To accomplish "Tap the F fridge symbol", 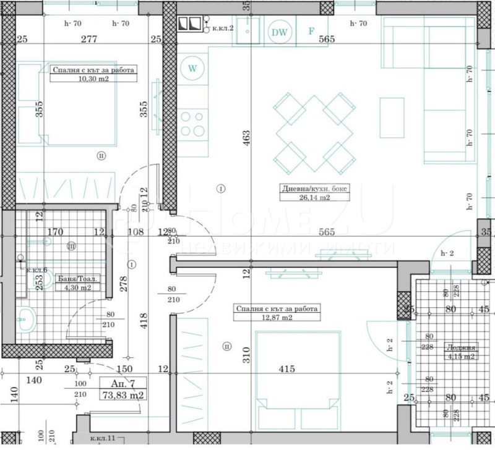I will (x=312, y=32).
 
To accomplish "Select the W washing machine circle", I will (x=192, y=68).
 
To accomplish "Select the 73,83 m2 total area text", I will (x=123, y=395).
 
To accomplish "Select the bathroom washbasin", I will (x=27, y=320).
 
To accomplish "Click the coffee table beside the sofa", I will (x=391, y=118).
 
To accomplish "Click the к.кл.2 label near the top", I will (x=223, y=28).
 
